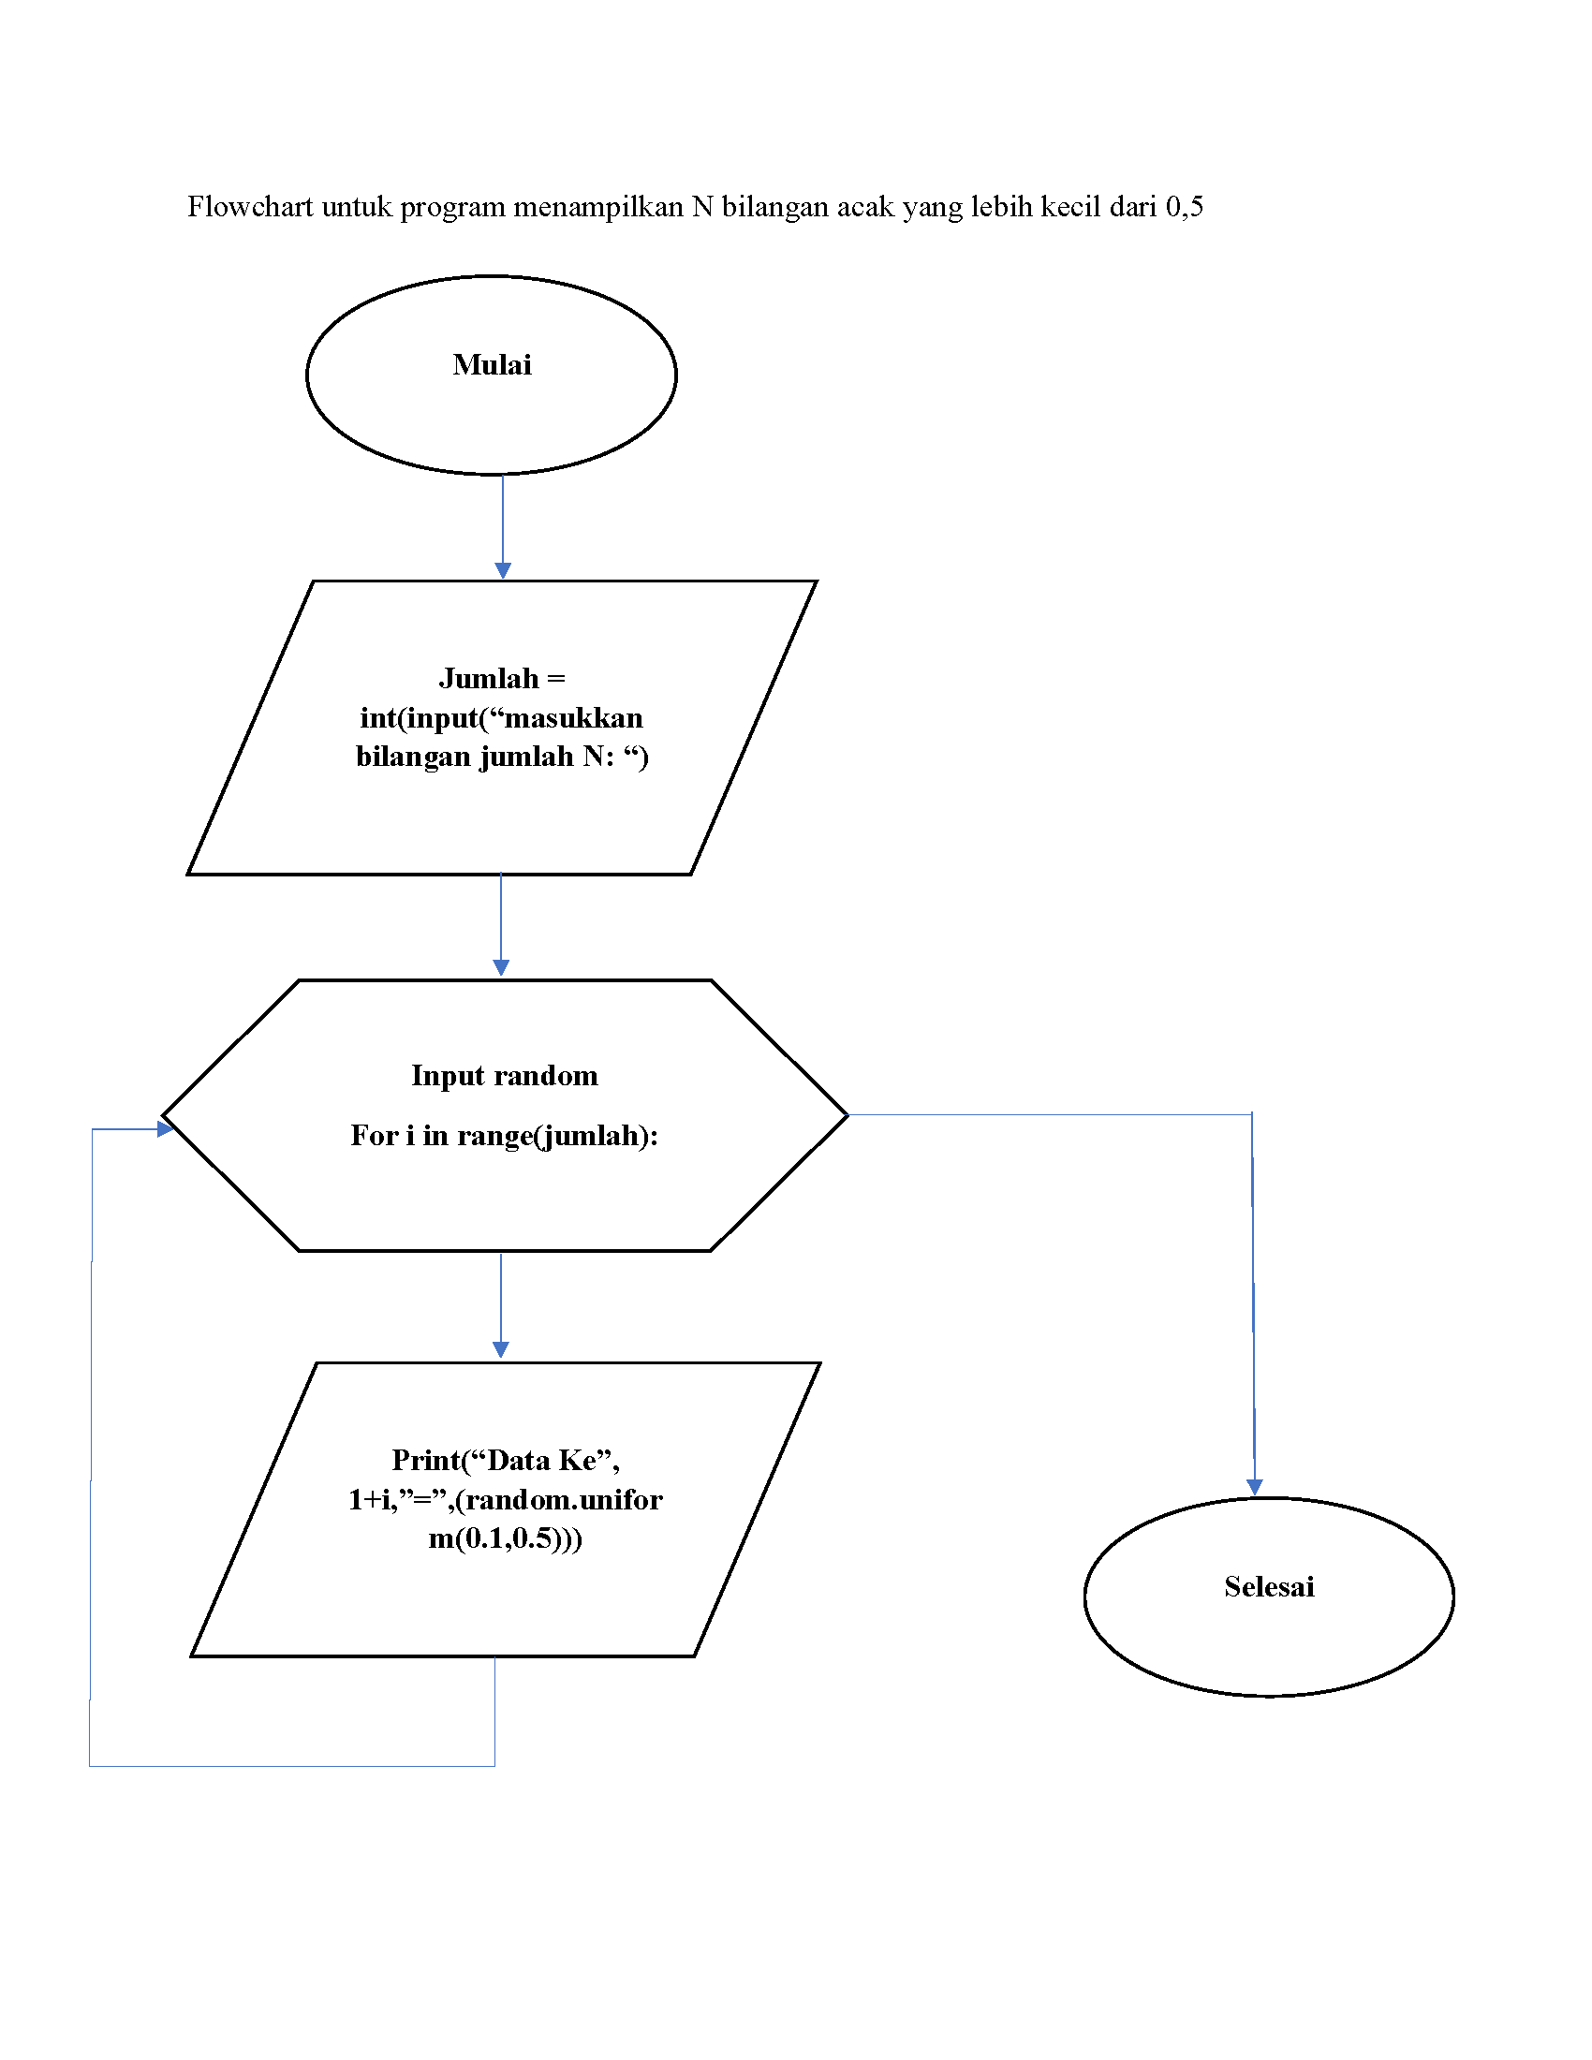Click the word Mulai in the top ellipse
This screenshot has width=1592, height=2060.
pyautogui.click(x=492, y=364)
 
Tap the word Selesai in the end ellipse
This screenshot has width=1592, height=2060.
pyautogui.click(x=1269, y=1586)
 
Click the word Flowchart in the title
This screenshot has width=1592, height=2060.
pyautogui.click(x=249, y=207)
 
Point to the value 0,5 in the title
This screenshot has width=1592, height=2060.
pyautogui.click(x=1184, y=207)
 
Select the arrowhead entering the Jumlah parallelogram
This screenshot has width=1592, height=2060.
pyautogui.click(x=503, y=570)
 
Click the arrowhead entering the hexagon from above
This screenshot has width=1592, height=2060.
pyautogui.click(x=501, y=968)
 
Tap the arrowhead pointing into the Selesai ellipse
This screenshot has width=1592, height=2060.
pyautogui.click(x=1254, y=1488)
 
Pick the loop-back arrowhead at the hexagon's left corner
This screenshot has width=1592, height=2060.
pyautogui.click(x=165, y=1128)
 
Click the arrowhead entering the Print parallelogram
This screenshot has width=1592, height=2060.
pyautogui.click(x=501, y=1349)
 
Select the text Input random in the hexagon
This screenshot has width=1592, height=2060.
pyautogui.click(x=505, y=1075)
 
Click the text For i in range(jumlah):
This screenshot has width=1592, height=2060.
pyautogui.click(x=505, y=1136)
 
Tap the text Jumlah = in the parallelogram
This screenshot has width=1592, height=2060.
pyautogui.click(x=502, y=678)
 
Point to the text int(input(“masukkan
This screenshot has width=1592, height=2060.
pyautogui.click(x=501, y=718)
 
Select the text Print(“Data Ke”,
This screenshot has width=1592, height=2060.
pyautogui.click(x=506, y=1460)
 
